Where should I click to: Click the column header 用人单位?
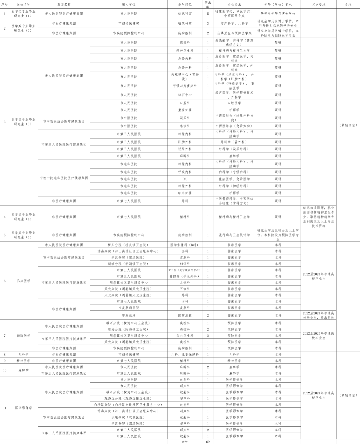point(129,4)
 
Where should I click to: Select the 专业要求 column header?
point(234,4)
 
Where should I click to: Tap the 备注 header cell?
point(348,4)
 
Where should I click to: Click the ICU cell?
point(185,179)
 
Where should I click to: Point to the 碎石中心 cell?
point(185,95)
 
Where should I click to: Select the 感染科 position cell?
point(185,43)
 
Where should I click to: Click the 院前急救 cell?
point(185,315)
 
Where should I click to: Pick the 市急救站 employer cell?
point(129,315)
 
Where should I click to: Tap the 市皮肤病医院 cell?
point(129,308)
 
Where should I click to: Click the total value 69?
point(208,442)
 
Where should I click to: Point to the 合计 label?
point(185,442)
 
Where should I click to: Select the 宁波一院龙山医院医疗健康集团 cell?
point(64,178)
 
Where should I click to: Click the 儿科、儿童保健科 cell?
point(185,354)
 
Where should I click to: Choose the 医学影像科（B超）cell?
point(185,245)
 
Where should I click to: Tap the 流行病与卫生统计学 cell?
point(234,235)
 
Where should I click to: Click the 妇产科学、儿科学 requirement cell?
point(234,23)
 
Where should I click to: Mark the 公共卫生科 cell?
point(185,336)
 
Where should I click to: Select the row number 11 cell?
point(5,408)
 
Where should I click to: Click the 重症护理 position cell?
point(185,110)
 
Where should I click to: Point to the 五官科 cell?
point(185,289)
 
